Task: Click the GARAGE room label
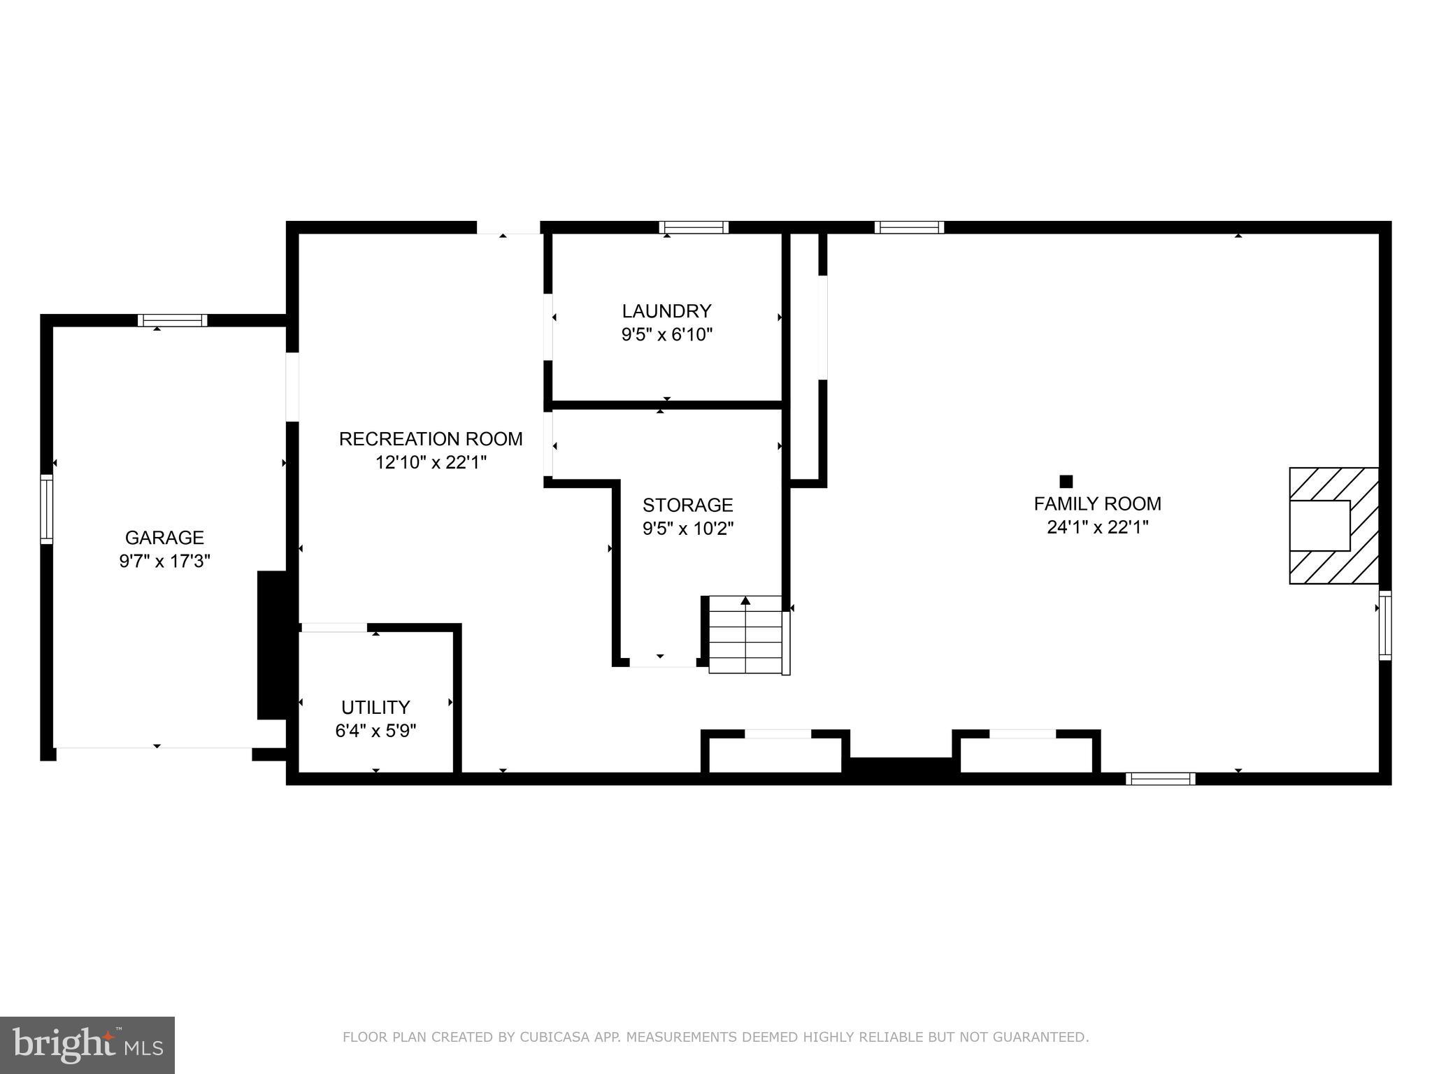pyautogui.click(x=164, y=537)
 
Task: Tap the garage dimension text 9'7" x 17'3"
pyautogui.click(x=164, y=561)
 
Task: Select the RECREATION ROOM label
pyautogui.click(x=431, y=438)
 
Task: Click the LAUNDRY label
pyautogui.click(x=666, y=310)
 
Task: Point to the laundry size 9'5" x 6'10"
pyautogui.click(x=666, y=334)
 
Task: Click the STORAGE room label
pyautogui.click(x=687, y=504)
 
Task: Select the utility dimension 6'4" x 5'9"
pyautogui.click(x=375, y=731)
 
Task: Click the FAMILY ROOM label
pyautogui.click(x=1097, y=503)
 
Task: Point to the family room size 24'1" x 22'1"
pyautogui.click(x=1097, y=527)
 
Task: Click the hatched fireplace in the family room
pyautogui.click(x=1333, y=525)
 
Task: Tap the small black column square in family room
pyautogui.click(x=1066, y=481)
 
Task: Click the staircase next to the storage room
pyautogui.click(x=745, y=635)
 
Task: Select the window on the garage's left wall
pyautogui.click(x=47, y=509)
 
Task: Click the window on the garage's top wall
pyautogui.click(x=173, y=320)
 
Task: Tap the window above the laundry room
pyautogui.click(x=694, y=227)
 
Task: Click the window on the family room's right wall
pyautogui.click(x=1384, y=625)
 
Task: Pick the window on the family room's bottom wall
pyautogui.click(x=1160, y=779)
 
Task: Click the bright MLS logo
pyautogui.click(x=87, y=1045)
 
